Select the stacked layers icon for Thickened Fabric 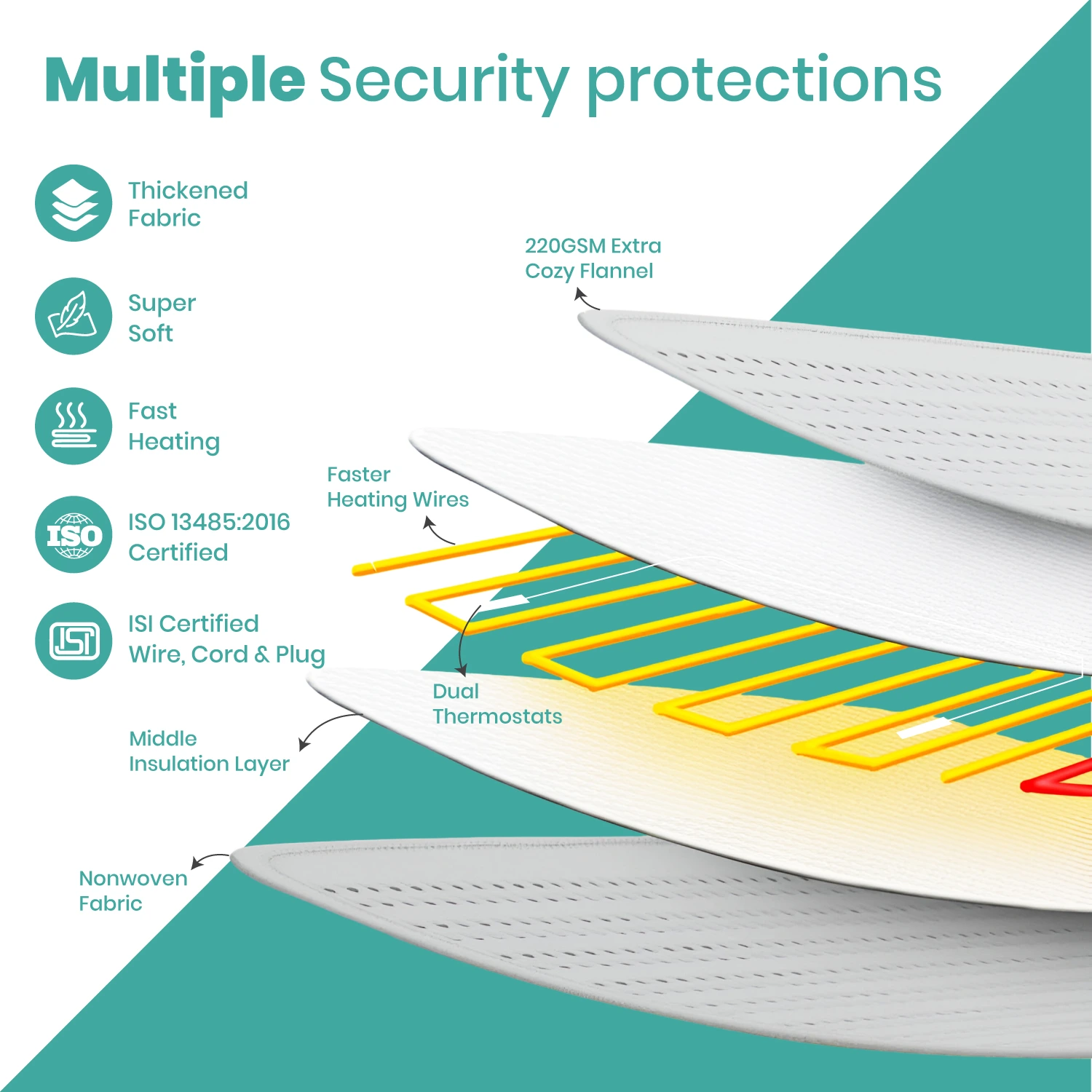pos(74,203)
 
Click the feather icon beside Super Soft pos(74,316)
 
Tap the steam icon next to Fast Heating pos(74,426)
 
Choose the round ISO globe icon pos(74,534)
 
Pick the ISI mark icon pos(74,641)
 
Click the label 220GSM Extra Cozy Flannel pos(593,258)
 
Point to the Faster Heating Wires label pos(397,488)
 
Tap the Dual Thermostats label pos(497,704)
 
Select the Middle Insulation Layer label pos(209,751)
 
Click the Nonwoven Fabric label pos(133,890)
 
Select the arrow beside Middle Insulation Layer pos(324,724)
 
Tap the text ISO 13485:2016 pos(209,522)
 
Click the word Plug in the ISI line pos(300,655)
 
